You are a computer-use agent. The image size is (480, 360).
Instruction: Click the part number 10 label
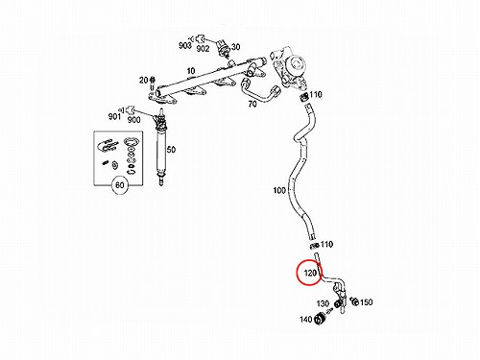(x=191, y=71)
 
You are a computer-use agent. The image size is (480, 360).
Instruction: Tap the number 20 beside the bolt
(x=143, y=80)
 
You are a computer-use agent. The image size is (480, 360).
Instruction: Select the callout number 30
(x=235, y=47)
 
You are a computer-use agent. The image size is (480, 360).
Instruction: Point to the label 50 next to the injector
(x=171, y=150)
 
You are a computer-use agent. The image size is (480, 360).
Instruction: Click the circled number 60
(x=119, y=185)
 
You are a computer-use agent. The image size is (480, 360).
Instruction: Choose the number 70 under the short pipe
(x=252, y=104)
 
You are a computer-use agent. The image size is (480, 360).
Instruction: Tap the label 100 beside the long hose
(x=279, y=190)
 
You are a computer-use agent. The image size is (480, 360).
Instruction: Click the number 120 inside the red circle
(x=310, y=273)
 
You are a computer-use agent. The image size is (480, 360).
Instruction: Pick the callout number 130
(x=323, y=303)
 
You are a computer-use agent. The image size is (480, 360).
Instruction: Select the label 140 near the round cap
(x=306, y=320)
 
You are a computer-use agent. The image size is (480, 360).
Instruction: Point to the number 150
(x=367, y=302)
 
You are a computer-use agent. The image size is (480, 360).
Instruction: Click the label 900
(x=133, y=120)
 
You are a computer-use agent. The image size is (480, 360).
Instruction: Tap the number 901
(x=114, y=116)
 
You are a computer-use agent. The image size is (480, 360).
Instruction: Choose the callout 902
(x=203, y=49)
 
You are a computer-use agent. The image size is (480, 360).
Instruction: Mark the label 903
(x=185, y=45)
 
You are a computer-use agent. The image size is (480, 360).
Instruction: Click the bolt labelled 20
(x=152, y=83)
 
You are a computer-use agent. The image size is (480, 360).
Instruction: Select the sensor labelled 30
(x=223, y=48)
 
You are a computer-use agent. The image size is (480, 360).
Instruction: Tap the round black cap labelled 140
(x=320, y=319)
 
